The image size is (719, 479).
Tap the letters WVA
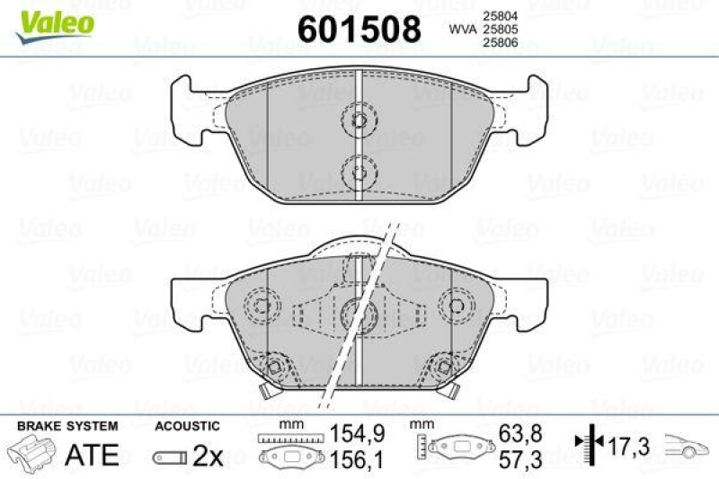(x=462, y=30)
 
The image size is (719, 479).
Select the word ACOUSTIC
(x=187, y=426)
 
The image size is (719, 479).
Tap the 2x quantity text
(x=208, y=456)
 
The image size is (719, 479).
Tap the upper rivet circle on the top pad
(x=359, y=121)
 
